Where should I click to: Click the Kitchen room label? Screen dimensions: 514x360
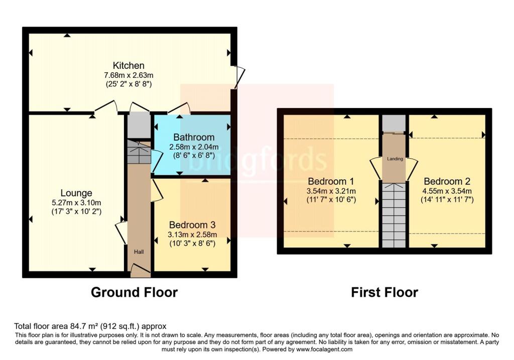point(128,65)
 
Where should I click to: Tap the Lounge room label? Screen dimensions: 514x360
point(76,193)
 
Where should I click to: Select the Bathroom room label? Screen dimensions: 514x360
point(194,137)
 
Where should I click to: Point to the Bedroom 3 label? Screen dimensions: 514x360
point(192,225)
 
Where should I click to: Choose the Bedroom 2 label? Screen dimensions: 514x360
point(447,181)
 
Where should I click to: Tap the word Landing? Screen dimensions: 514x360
point(395,159)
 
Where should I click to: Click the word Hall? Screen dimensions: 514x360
point(139,252)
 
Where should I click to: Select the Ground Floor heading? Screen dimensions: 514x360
point(135,292)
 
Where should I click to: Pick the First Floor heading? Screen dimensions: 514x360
point(384,292)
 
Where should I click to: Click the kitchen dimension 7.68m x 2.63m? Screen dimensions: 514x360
point(128,75)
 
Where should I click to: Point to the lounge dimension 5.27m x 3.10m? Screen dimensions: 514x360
point(76,203)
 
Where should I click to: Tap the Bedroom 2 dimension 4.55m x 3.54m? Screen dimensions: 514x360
point(447,191)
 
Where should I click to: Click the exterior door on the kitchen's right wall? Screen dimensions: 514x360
point(240,77)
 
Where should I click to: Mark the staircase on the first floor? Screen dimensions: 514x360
point(395,215)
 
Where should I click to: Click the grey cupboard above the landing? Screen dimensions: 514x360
point(395,123)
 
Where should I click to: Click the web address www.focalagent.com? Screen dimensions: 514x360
point(325,349)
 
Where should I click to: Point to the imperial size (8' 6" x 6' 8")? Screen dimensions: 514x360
point(194,155)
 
